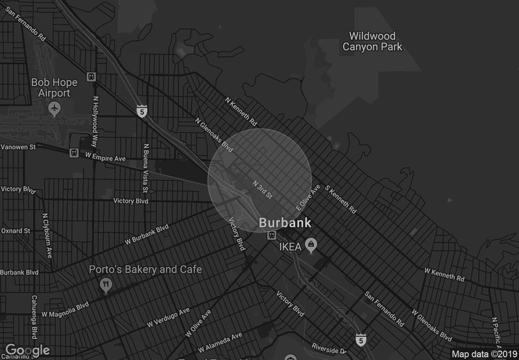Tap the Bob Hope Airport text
tap(54, 88)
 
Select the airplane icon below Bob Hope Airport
tap(54, 107)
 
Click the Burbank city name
tap(285, 222)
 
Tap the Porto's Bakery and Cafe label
tap(145, 269)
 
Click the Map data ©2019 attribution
tap(483, 354)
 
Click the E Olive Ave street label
tap(309, 198)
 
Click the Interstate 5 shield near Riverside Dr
tap(360, 338)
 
